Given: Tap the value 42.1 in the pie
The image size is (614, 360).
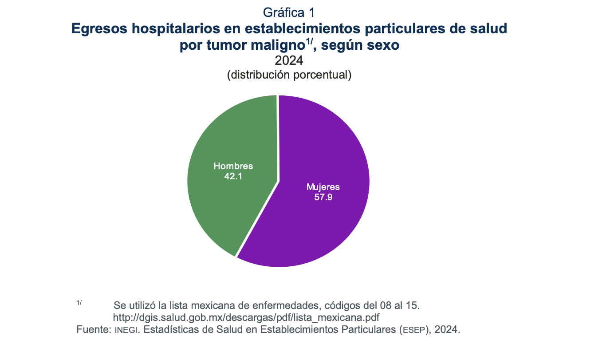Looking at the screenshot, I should [233, 176].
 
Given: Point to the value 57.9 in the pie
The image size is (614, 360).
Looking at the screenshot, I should [323, 197].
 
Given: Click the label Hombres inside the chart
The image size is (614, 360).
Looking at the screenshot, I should [233, 166].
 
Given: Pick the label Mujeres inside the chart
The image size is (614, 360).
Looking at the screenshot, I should [323, 187].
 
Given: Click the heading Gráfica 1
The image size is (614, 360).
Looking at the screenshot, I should [289, 12].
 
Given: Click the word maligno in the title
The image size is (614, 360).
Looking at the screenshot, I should [279, 46].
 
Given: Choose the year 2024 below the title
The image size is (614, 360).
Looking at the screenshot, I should [289, 61].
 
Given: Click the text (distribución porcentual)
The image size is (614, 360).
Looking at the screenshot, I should [289, 75].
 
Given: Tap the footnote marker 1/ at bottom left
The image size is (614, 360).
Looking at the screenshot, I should [79, 303].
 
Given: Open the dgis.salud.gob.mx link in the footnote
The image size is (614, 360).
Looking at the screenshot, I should [246, 318].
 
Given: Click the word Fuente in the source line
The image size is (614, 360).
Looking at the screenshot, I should [92, 330].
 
